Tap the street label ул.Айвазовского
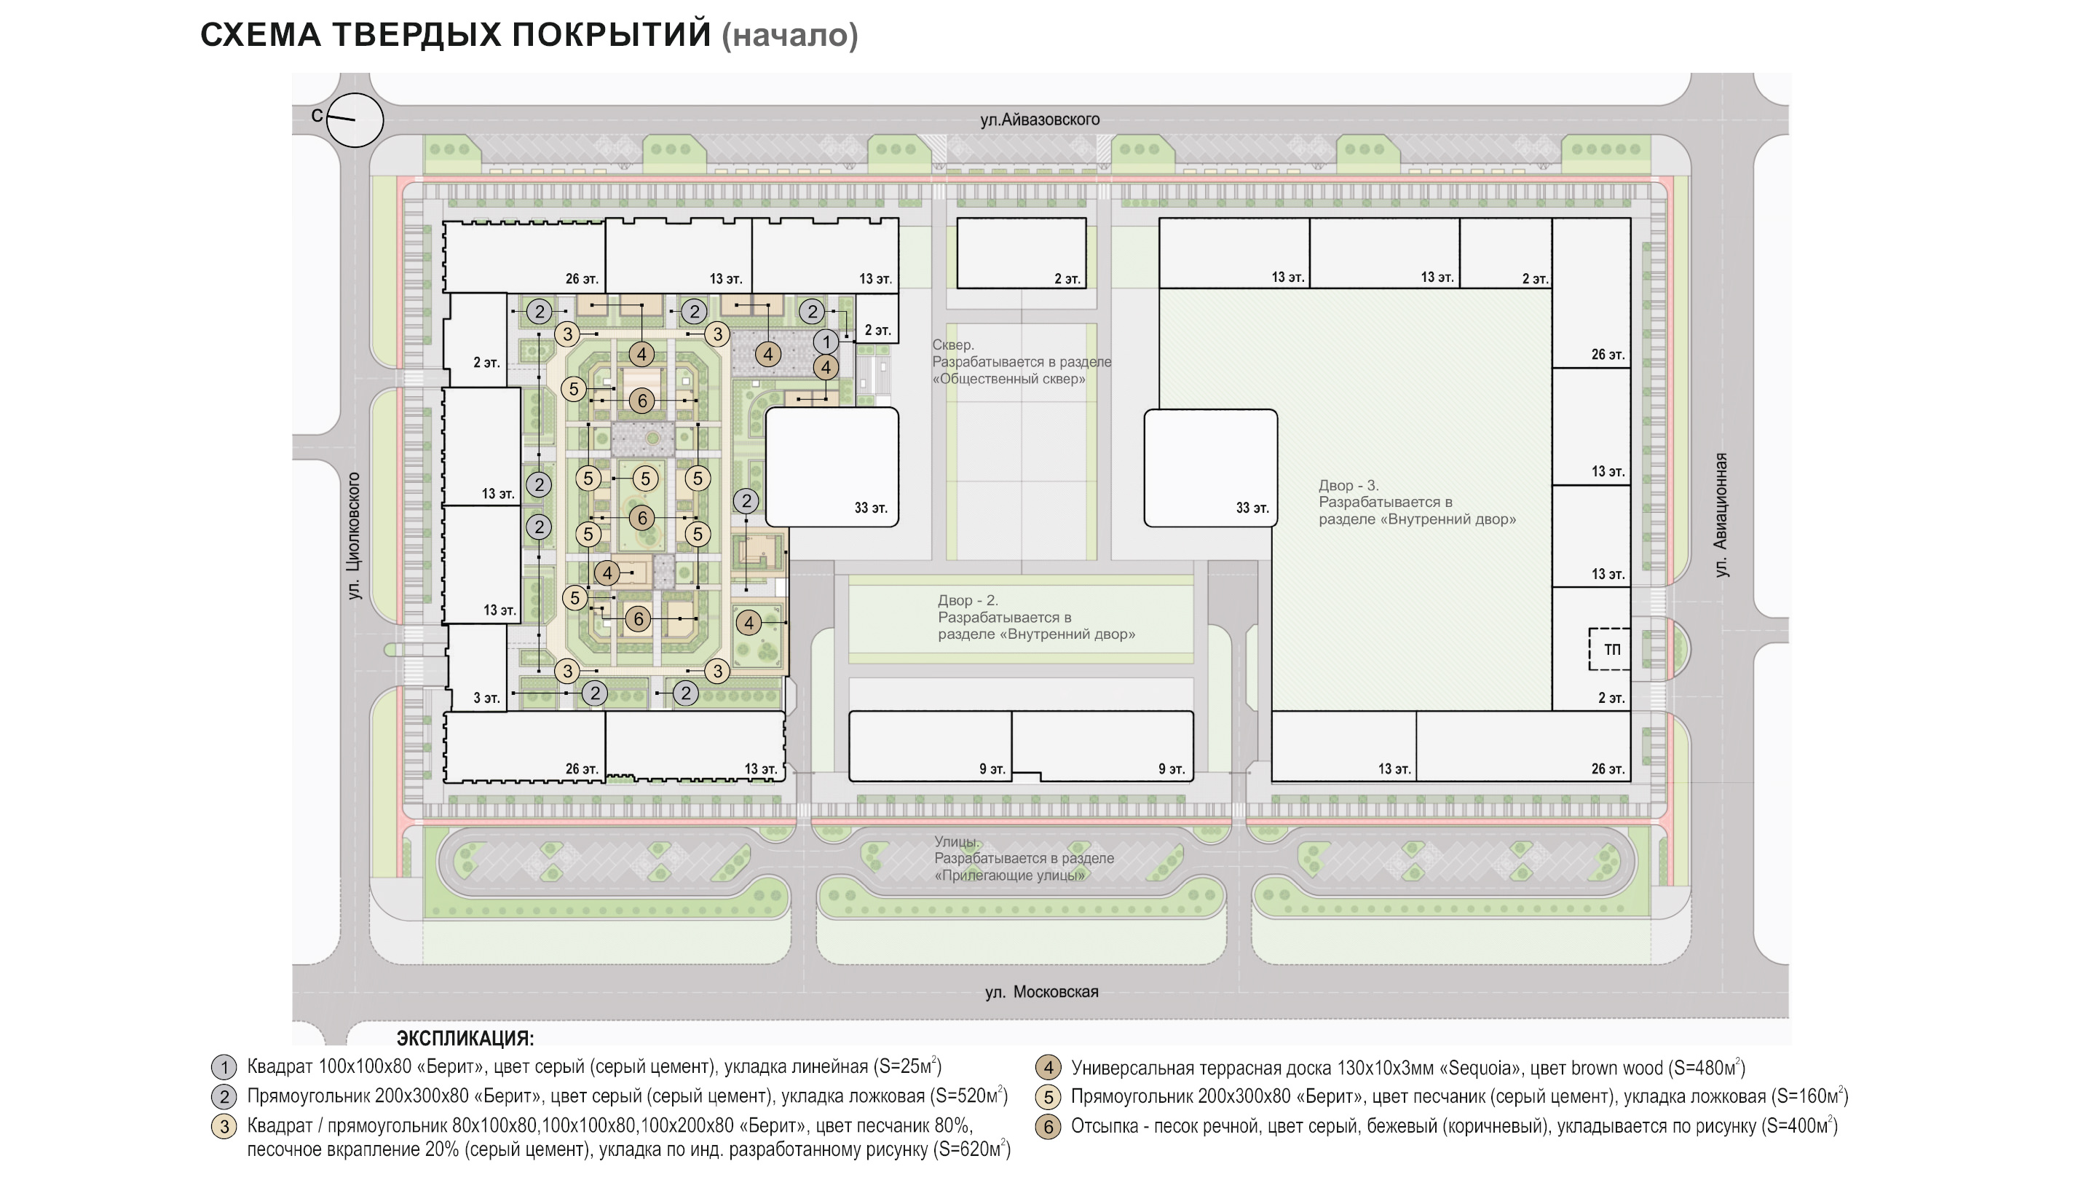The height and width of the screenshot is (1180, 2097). (1040, 119)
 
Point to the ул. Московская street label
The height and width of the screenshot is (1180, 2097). (1041, 992)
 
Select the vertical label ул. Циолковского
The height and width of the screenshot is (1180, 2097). (354, 536)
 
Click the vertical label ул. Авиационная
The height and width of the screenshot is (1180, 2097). (1720, 516)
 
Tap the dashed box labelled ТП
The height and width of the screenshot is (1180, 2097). (1609, 649)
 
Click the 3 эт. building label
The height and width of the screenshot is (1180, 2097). (487, 698)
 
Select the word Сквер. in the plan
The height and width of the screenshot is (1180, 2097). (952, 345)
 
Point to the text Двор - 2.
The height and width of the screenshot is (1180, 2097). (967, 600)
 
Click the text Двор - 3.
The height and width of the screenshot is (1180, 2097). (1347, 485)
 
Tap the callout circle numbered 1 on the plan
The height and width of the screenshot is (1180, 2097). (826, 342)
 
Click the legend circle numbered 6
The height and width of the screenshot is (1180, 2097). (1048, 1127)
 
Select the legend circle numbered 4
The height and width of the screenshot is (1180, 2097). (1048, 1068)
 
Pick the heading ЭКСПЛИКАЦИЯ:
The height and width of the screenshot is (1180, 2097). (465, 1038)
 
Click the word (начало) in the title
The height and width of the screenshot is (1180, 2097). (789, 35)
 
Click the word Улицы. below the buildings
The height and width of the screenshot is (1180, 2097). (956, 841)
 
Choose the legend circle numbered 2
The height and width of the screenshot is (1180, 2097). (224, 1097)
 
